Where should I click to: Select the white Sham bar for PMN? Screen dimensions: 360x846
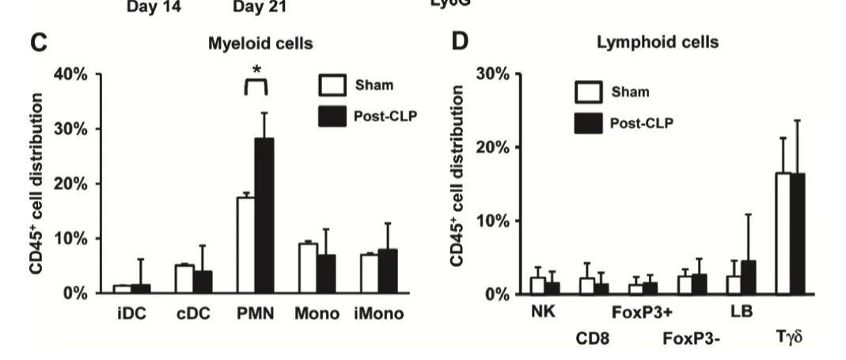point(245,244)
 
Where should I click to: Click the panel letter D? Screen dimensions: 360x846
point(461,43)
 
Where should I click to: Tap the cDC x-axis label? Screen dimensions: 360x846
point(195,313)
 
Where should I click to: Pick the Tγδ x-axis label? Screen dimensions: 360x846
point(790,339)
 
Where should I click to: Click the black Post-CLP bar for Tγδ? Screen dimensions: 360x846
point(797,233)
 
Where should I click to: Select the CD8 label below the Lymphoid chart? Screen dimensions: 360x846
point(592,339)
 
